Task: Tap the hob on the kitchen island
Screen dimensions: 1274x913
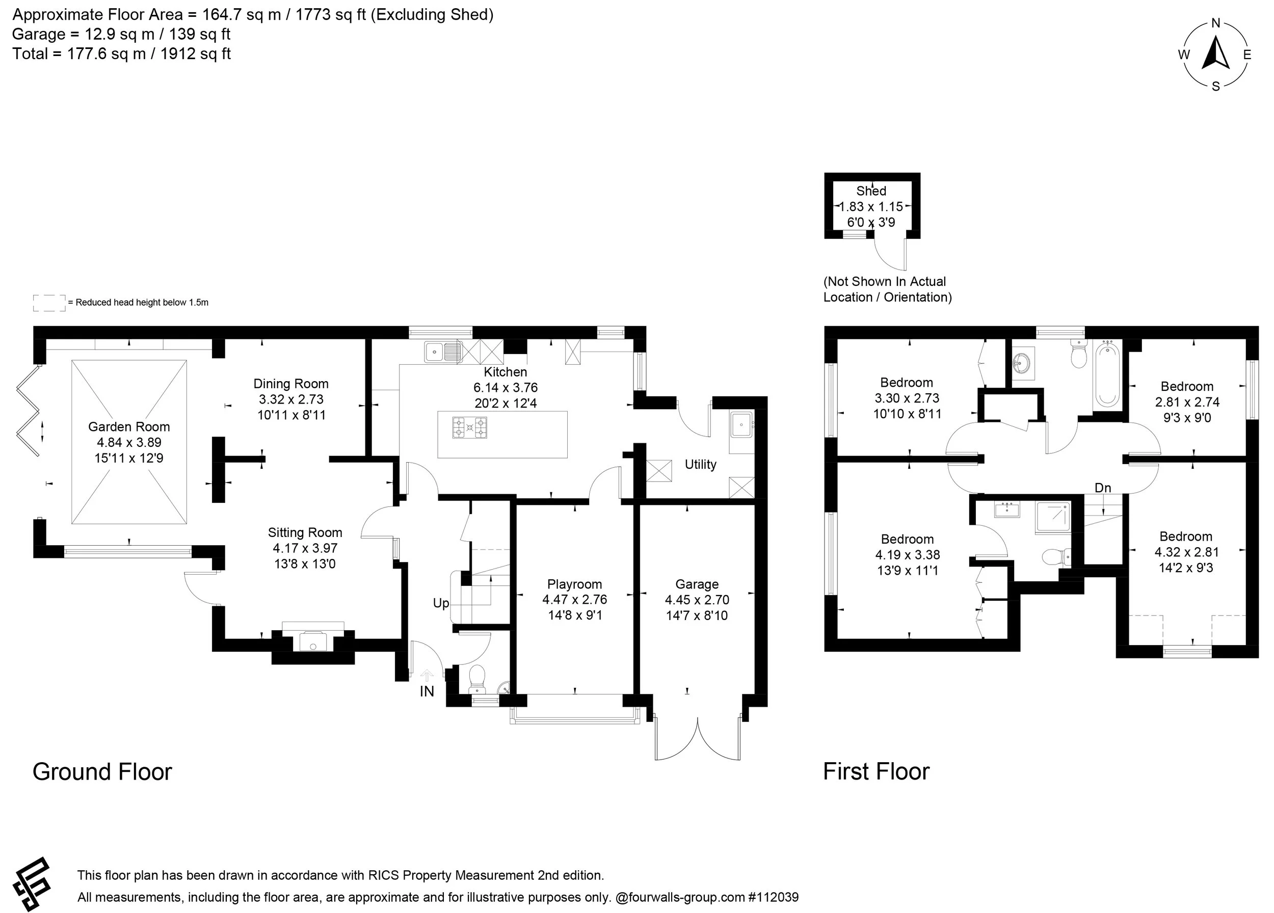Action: pos(470,427)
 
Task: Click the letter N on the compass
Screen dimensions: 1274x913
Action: pos(1215,23)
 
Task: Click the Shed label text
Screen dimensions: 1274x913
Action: pos(871,191)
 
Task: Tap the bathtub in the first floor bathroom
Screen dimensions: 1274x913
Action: pos(1107,374)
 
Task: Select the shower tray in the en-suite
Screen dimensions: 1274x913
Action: pos(1053,517)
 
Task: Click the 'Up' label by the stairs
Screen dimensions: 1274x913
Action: pos(441,603)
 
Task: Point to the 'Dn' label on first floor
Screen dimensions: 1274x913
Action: pos(1103,488)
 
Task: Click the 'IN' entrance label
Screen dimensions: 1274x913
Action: pos(427,692)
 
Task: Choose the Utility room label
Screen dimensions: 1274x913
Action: pos(701,464)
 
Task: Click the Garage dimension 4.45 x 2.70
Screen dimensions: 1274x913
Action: pos(697,600)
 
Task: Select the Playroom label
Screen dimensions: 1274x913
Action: pos(575,584)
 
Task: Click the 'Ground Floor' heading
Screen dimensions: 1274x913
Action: pos(102,772)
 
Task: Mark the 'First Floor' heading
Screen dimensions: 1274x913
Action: pos(877,772)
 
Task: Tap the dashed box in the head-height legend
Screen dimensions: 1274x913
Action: pos(49,303)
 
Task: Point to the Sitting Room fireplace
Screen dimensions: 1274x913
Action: pos(313,639)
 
